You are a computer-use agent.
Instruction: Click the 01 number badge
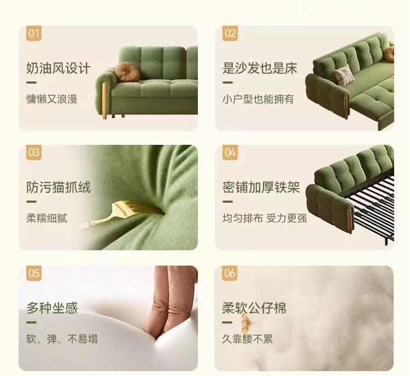tap(34, 33)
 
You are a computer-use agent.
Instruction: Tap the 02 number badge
tap(230, 33)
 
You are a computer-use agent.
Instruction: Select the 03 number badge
tap(34, 152)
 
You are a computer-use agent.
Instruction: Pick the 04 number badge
tap(230, 152)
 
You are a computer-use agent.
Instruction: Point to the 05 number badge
tap(34, 273)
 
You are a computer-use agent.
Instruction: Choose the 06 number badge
tap(230, 273)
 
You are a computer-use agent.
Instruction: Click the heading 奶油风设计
tap(58, 68)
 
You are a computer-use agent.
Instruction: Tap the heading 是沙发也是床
tap(260, 68)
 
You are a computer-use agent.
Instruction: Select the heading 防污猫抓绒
tap(58, 187)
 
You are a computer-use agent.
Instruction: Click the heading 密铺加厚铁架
tap(261, 187)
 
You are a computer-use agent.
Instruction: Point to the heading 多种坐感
tap(52, 308)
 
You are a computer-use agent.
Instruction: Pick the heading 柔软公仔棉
tap(254, 308)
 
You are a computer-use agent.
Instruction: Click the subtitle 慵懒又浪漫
tap(52, 99)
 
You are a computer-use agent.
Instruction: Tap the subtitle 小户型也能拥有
tap(259, 99)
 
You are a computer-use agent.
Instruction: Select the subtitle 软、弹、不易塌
tap(62, 339)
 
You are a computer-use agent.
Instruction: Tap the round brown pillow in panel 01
tap(127, 72)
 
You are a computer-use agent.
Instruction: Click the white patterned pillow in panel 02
tap(344, 75)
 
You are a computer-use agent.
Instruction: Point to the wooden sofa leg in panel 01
tap(104, 99)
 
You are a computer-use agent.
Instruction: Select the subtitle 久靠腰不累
tap(247, 339)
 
